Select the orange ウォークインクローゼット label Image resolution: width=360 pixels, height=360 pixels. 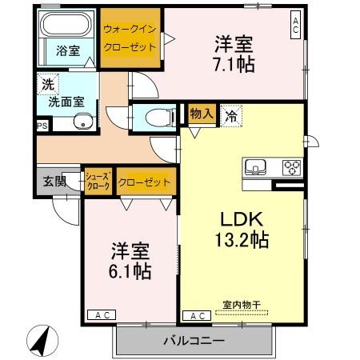pos(130,38)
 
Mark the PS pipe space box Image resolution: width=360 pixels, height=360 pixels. pos(41,126)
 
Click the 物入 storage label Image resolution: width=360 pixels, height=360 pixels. pos(201,114)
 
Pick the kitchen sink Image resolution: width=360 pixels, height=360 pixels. pos(257,168)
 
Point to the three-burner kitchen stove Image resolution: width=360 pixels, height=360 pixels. pos(290,168)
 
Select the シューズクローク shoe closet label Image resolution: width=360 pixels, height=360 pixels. pos(98,182)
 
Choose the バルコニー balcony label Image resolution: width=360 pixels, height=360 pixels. pos(194,341)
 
